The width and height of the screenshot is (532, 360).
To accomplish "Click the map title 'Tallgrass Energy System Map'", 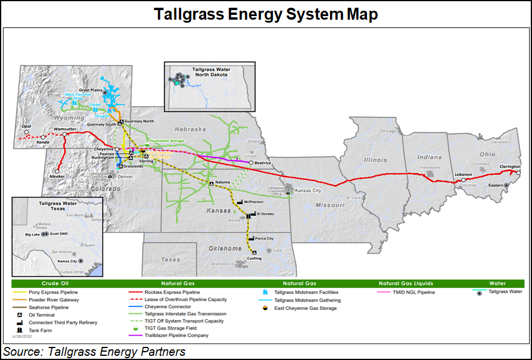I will coord(266,14).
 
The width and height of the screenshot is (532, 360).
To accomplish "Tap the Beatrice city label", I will coord(263,162).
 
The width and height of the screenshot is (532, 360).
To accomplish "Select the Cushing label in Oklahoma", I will coord(254,258).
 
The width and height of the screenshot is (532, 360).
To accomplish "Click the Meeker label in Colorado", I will coord(57,176).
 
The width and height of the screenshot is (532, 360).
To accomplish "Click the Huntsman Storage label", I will coord(167,141).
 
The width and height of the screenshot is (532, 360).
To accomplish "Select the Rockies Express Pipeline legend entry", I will coord(172,293).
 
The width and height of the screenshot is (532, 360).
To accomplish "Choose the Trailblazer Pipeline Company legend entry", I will coord(176,336).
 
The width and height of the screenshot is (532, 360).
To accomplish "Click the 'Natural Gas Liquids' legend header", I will coord(406,283).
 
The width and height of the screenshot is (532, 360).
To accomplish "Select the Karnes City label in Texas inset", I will coord(66,261).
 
